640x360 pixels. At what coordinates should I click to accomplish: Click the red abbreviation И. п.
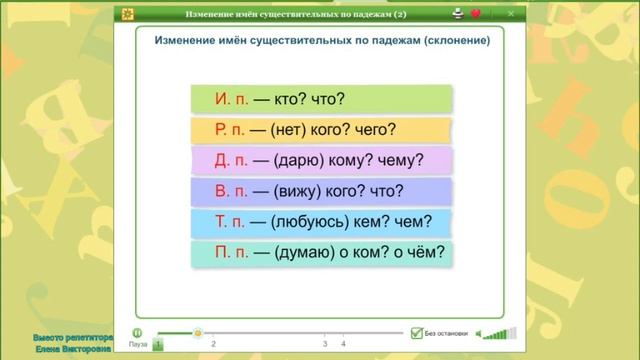232,99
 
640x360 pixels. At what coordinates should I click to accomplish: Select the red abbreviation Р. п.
232,130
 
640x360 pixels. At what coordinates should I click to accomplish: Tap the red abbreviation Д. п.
232,161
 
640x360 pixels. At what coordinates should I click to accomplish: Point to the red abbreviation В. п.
232,192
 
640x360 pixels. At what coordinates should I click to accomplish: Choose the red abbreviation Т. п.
232,222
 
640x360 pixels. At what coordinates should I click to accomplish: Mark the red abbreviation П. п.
233,253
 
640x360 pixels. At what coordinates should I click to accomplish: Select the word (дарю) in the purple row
297,161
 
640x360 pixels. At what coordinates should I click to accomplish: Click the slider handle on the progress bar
197,332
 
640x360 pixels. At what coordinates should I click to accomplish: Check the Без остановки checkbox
416,333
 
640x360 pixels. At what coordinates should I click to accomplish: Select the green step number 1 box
157,344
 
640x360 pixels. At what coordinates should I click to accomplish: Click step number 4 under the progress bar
343,344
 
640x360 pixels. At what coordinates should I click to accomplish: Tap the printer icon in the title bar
457,14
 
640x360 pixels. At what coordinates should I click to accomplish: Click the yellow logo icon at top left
127,14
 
